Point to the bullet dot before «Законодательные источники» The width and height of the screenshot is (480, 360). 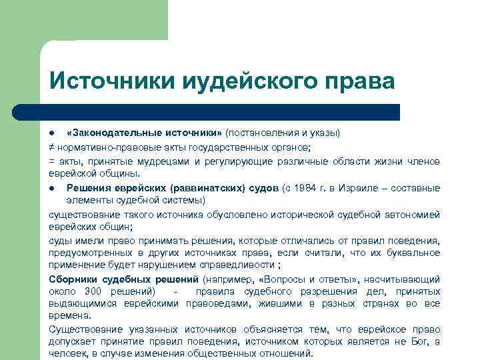point(52,133)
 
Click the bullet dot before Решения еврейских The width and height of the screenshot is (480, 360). point(52,188)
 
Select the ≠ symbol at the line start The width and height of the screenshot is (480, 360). point(51,147)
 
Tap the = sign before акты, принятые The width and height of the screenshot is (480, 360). point(51,161)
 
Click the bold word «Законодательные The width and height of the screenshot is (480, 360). point(106,133)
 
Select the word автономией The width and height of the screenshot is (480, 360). point(413,214)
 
